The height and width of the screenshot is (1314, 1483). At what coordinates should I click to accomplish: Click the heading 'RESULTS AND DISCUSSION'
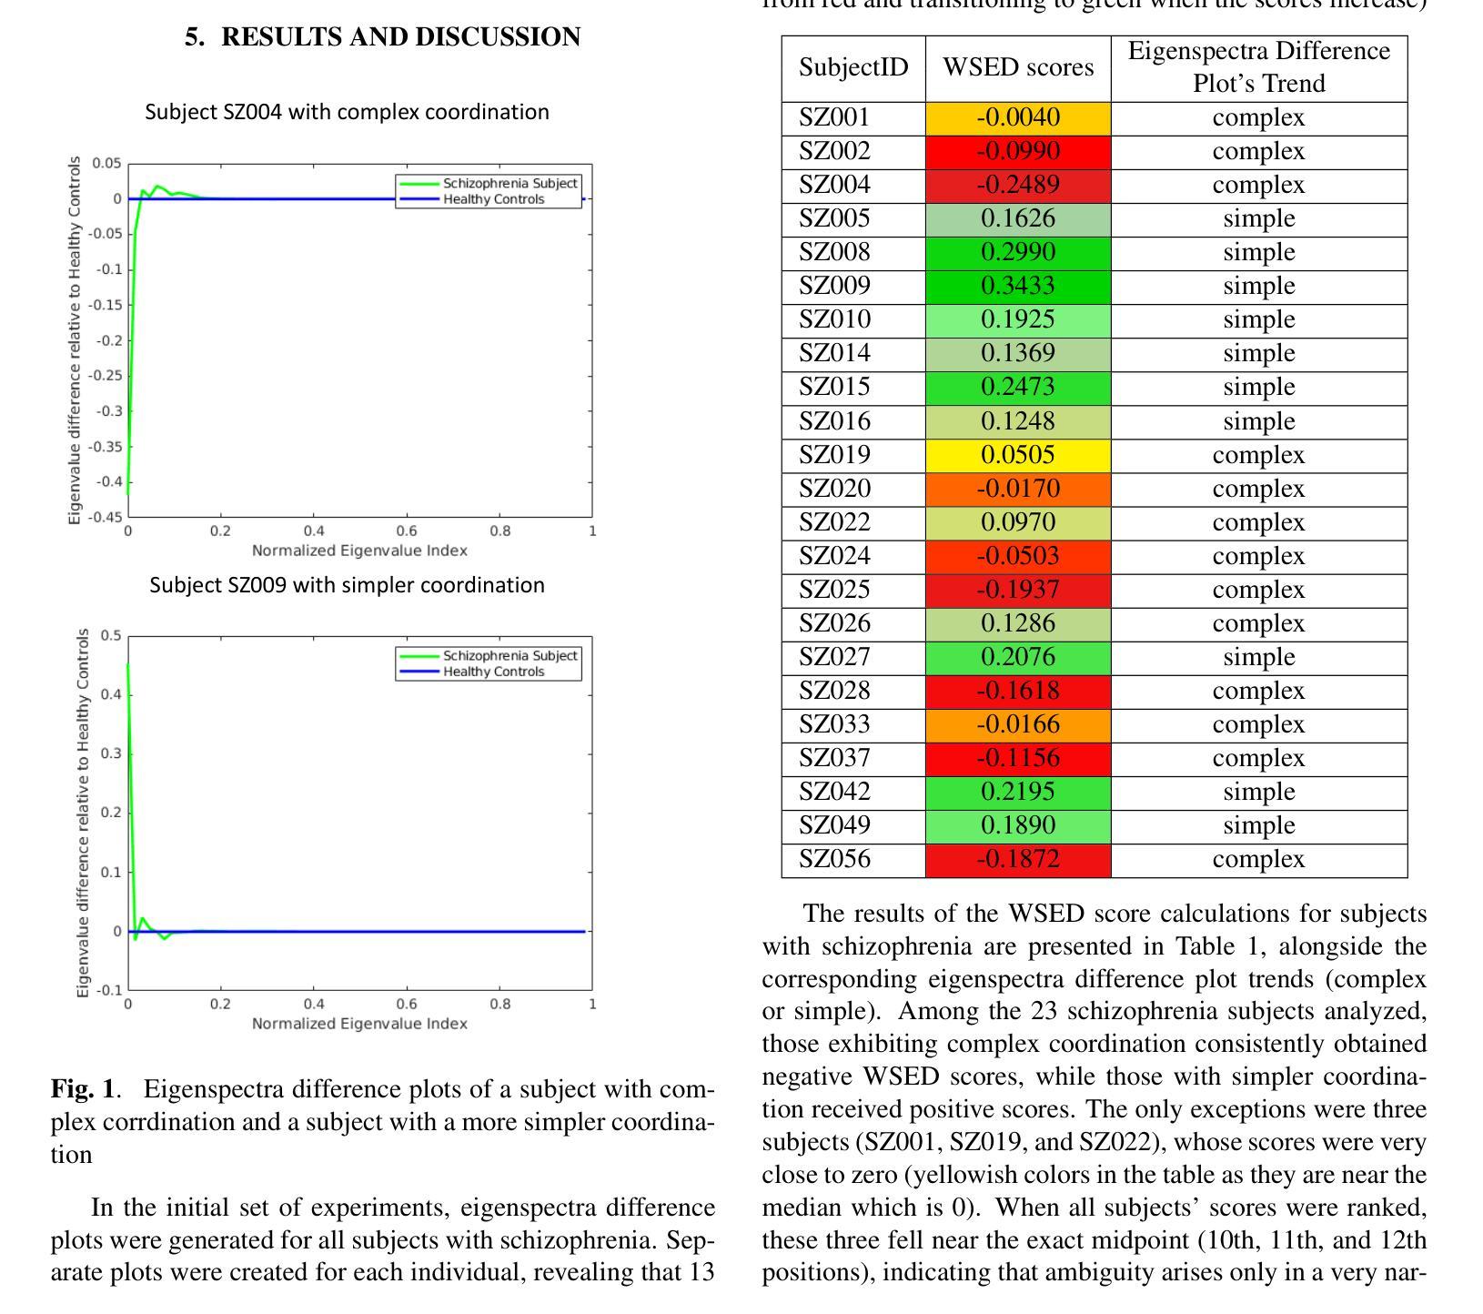point(400,37)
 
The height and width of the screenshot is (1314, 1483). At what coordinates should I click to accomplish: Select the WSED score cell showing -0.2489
point(1018,185)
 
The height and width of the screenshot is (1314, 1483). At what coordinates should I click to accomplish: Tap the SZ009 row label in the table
point(834,286)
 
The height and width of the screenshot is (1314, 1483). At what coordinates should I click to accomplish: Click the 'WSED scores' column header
point(1018,67)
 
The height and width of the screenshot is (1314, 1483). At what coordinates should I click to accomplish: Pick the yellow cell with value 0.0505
point(1018,455)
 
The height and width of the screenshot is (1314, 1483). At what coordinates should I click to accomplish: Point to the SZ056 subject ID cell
point(834,859)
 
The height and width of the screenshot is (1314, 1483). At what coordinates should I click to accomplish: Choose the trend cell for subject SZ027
point(1258,657)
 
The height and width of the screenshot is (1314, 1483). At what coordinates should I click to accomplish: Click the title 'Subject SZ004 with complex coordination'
point(347,112)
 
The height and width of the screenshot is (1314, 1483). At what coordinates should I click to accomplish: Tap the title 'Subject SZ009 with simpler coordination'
point(347,585)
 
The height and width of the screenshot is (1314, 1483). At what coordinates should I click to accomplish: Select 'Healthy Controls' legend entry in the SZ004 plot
point(493,199)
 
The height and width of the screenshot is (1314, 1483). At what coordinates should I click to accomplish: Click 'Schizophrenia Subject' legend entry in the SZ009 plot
point(509,656)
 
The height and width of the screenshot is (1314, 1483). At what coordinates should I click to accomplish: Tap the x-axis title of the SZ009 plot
point(359,1024)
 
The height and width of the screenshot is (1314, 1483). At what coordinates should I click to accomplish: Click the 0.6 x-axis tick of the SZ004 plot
point(407,531)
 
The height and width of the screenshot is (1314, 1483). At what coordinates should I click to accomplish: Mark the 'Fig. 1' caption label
point(83,1089)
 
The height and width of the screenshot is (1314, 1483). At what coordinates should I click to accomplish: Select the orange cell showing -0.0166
point(1018,724)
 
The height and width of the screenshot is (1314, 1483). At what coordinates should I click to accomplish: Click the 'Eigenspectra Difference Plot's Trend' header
point(1258,67)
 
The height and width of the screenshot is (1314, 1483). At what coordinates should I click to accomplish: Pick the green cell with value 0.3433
point(1018,286)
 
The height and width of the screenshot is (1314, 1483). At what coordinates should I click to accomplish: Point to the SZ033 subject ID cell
point(834,724)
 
